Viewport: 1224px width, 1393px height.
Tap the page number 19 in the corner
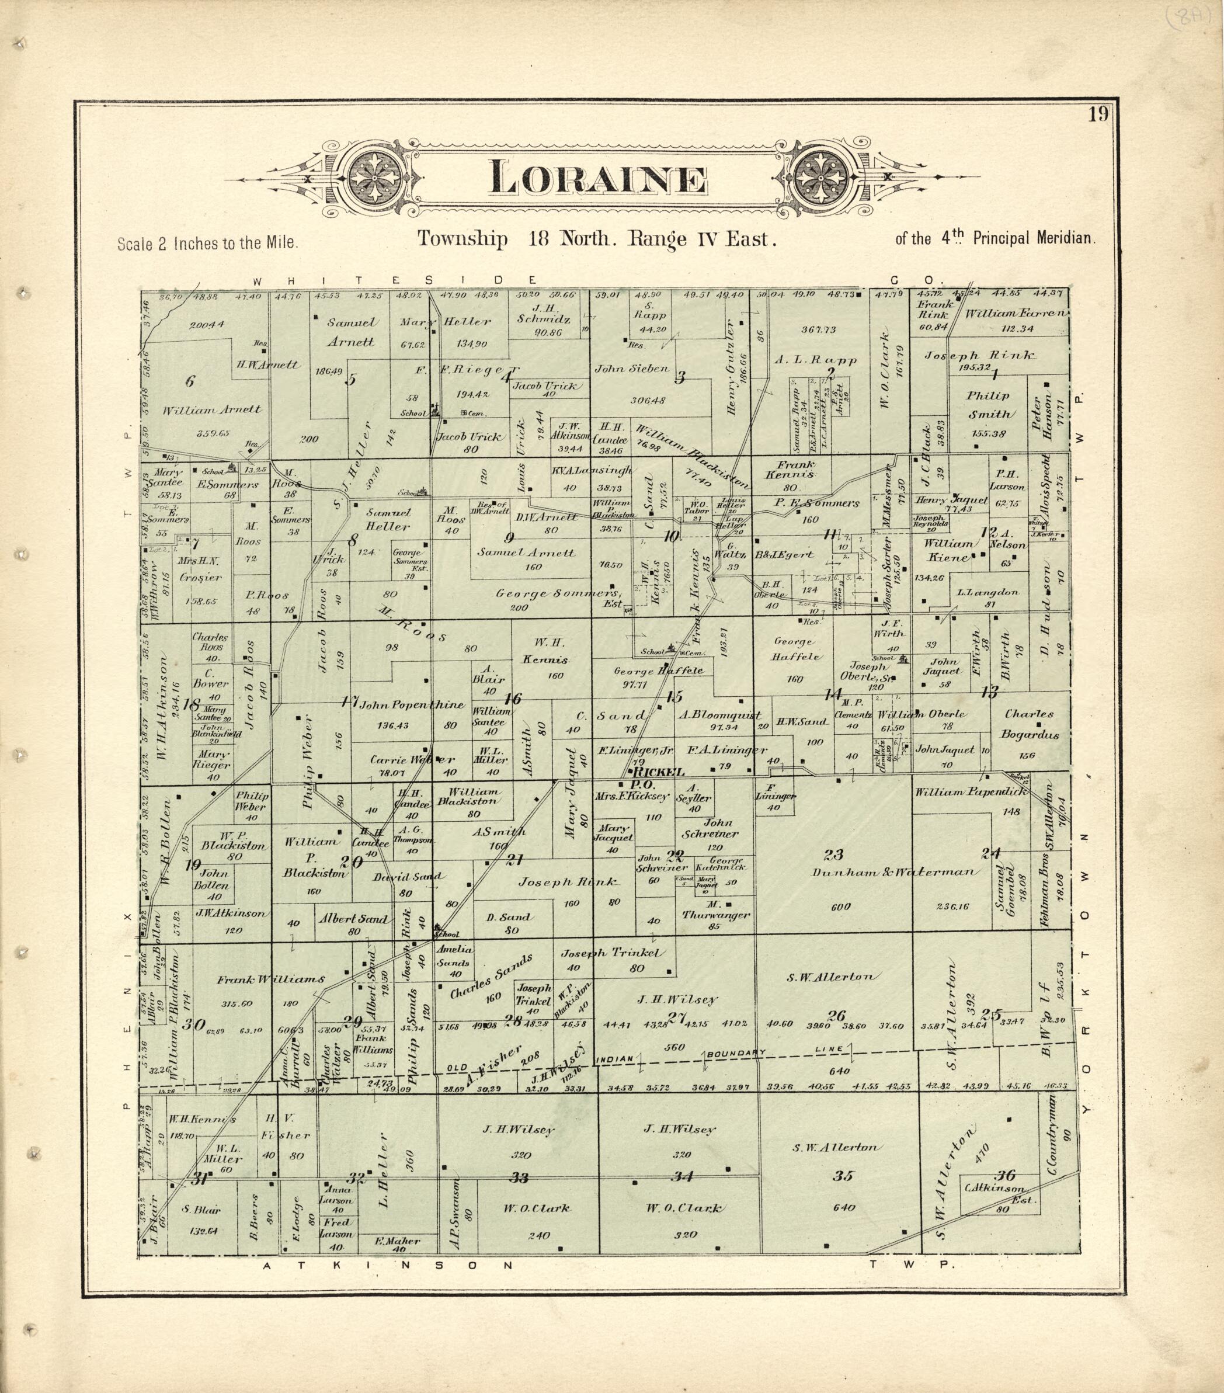tap(1098, 114)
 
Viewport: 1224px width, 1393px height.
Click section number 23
tap(833, 854)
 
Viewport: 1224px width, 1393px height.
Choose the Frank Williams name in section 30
tap(270, 979)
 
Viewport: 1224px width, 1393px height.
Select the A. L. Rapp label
tap(815, 360)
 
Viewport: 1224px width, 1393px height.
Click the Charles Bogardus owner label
tap(1029, 724)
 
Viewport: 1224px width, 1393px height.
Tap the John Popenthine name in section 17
tap(412, 705)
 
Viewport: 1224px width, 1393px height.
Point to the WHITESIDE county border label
tap(395, 280)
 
